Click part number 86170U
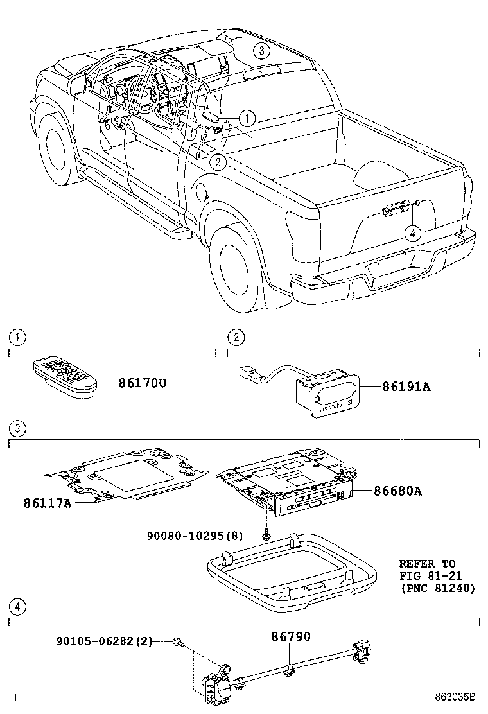tap(142, 383)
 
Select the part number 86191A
tap(406, 387)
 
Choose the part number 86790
tap(290, 636)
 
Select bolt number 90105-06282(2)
tap(104, 641)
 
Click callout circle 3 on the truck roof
tap(260, 51)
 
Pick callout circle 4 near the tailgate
tap(412, 233)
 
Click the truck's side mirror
tap(77, 82)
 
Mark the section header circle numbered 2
tap(236, 336)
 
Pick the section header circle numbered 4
tap(18, 606)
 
